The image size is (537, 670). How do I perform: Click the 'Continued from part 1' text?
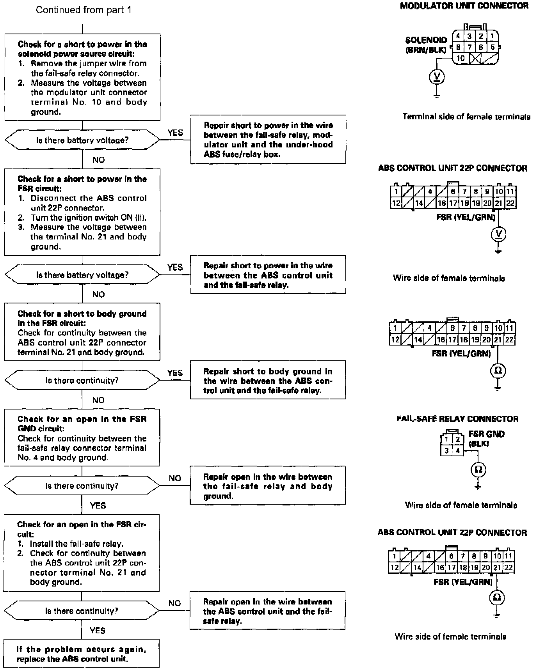(x=84, y=10)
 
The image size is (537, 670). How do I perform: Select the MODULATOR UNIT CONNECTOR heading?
(x=464, y=6)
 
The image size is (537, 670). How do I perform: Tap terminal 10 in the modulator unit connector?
(x=461, y=58)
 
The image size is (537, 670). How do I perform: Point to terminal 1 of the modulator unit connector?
(x=492, y=37)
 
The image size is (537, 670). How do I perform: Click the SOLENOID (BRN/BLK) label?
(x=426, y=45)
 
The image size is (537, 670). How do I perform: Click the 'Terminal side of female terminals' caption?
(x=466, y=117)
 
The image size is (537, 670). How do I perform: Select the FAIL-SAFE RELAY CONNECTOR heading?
(x=457, y=419)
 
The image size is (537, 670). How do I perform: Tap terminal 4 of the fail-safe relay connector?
(x=458, y=451)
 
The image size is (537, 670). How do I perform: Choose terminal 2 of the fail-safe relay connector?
(x=458, y=440)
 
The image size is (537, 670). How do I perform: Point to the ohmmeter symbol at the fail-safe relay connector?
(x=478, y=470)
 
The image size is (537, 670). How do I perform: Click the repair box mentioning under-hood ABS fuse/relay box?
(x=268, y=139)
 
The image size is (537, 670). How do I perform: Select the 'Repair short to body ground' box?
(x=268, y=380)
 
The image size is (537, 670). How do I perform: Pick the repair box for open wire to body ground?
(x=268, y=486)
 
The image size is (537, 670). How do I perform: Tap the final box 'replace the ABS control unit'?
(x=82, y=654)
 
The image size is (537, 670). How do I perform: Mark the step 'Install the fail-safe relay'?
(x=76, y=544)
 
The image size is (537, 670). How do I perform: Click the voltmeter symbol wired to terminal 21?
(x=498, y=234)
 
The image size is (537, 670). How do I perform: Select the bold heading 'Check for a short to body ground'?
(x=82, y=314)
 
